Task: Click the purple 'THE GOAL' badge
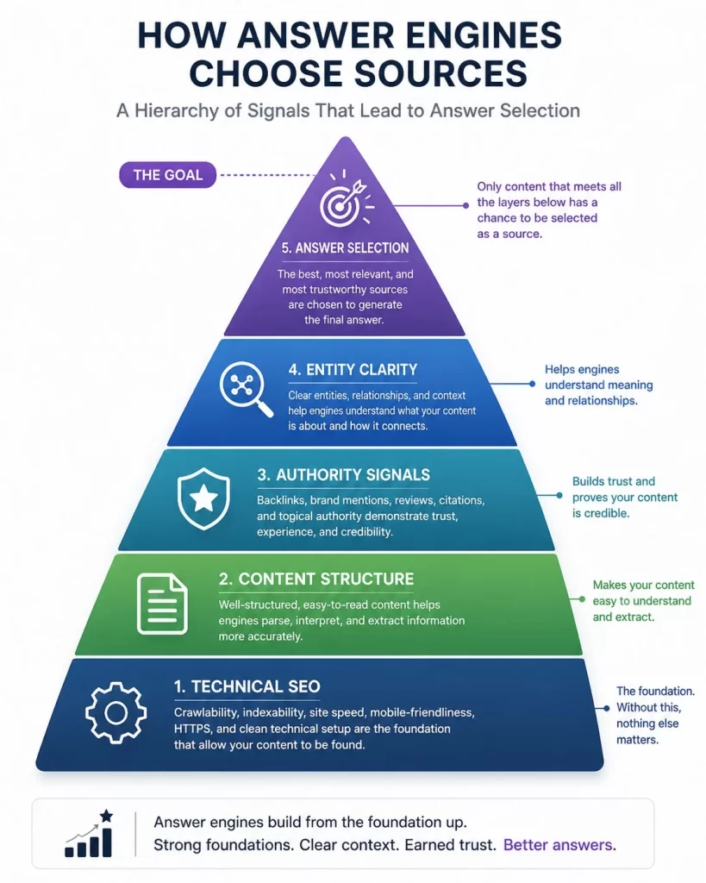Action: (x=168, y=175)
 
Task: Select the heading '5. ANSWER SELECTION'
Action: (x=345, y=247)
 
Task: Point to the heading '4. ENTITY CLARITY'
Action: (x=353, y=369)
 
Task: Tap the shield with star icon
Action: (x=203, y=499)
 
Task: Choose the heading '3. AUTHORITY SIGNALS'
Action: (x=343, y=475)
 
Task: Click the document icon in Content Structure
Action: (x=162, y=604)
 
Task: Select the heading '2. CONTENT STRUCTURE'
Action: (x=316, y=579)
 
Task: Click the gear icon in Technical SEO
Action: (x=116, y=712)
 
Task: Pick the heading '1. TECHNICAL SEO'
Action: (x=247, y=686)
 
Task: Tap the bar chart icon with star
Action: (x=90, y=833)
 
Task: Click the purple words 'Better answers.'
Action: (x=559, y=845)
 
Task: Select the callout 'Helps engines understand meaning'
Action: (x=598, y=378)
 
